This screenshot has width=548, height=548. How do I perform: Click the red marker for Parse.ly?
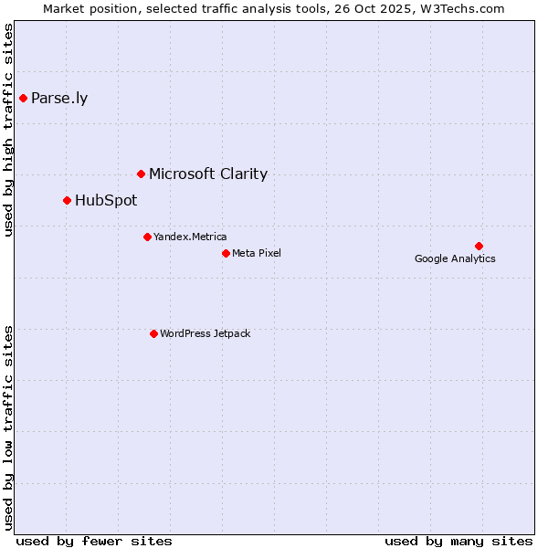click(23, 98)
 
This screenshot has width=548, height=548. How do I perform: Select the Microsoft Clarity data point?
click(141, 174)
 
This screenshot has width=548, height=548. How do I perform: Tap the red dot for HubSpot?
click(67, 200)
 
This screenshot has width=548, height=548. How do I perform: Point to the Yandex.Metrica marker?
click(147, 237)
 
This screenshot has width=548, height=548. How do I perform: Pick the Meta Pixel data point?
click(226, 253)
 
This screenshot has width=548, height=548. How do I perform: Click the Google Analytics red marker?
click(479, 246)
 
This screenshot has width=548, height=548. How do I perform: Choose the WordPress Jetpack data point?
click(153, 333)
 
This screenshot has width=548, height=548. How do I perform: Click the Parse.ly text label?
click(59, 99)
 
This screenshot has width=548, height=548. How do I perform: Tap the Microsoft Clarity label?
click(208, 174)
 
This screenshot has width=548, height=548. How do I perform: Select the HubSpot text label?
click(106, 201)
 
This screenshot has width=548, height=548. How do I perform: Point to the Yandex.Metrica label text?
click(190, 237)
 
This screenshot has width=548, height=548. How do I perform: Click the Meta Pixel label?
click(257, 253)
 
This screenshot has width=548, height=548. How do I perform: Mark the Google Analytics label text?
click(455, 258)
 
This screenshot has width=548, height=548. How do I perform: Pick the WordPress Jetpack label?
click(205, 334)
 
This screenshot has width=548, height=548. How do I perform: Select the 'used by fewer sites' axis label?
click(94, 541)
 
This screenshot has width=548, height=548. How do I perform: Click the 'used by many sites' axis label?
click(458, 541)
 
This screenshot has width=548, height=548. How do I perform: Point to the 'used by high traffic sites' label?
click(8, 130)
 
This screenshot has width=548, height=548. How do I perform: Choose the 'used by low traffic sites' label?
click(8, 427)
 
